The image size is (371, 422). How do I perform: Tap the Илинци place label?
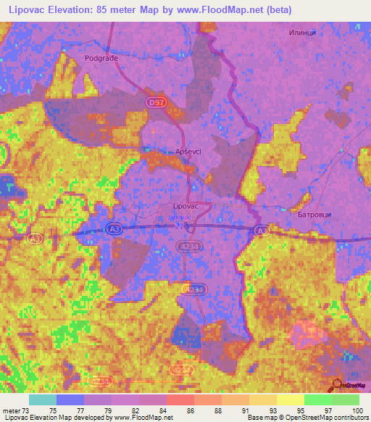(304, 33)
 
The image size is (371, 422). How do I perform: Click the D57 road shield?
(156, 104)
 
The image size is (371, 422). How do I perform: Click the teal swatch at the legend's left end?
(43, 400)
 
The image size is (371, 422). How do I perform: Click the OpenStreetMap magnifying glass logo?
(338, 385)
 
